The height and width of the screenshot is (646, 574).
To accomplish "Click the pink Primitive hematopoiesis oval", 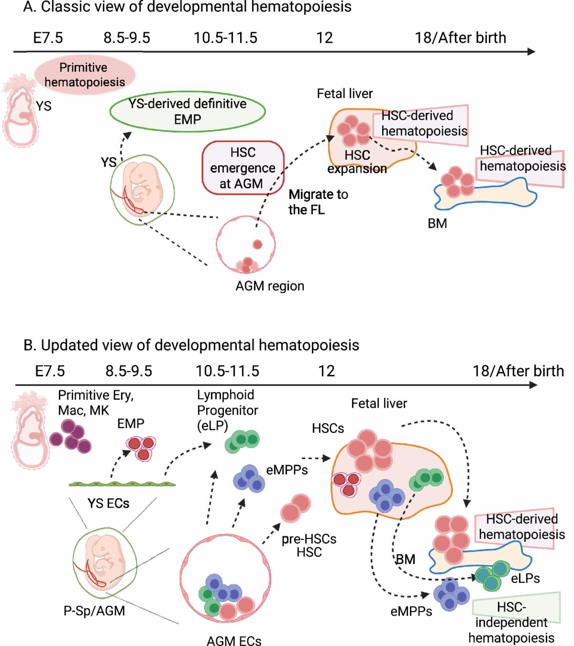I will click(84, 75).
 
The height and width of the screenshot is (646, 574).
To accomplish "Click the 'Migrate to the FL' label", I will click(318, 202).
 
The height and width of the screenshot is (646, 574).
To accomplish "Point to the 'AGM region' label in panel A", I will click(270, 286).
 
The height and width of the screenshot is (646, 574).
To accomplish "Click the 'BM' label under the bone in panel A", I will click(437, 223).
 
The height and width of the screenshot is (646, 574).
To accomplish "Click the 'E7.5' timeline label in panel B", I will click(49, 371).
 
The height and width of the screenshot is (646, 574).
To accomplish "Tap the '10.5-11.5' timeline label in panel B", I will click(227, 371).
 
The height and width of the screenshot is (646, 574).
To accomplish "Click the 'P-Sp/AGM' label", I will click(94, 611).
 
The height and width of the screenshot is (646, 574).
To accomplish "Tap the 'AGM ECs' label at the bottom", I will click(234, 640).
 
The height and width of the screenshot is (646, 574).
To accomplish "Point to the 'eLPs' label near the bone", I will click(525, 579).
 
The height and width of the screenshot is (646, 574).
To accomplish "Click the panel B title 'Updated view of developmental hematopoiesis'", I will click(191, 345).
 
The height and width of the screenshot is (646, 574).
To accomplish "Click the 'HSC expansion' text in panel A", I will click(357, 162).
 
